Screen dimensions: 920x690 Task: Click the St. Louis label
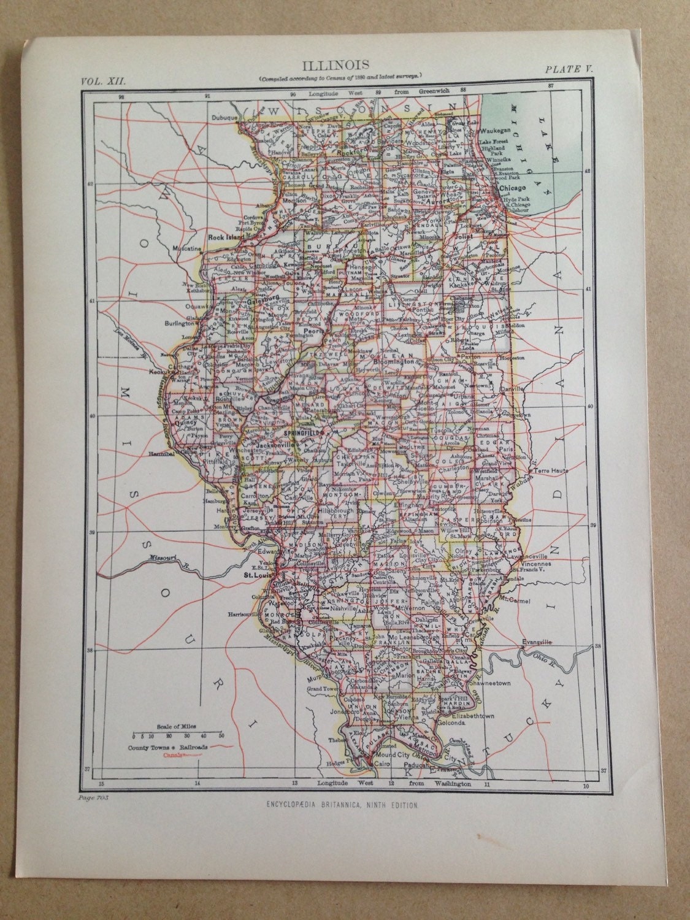[256, 575]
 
